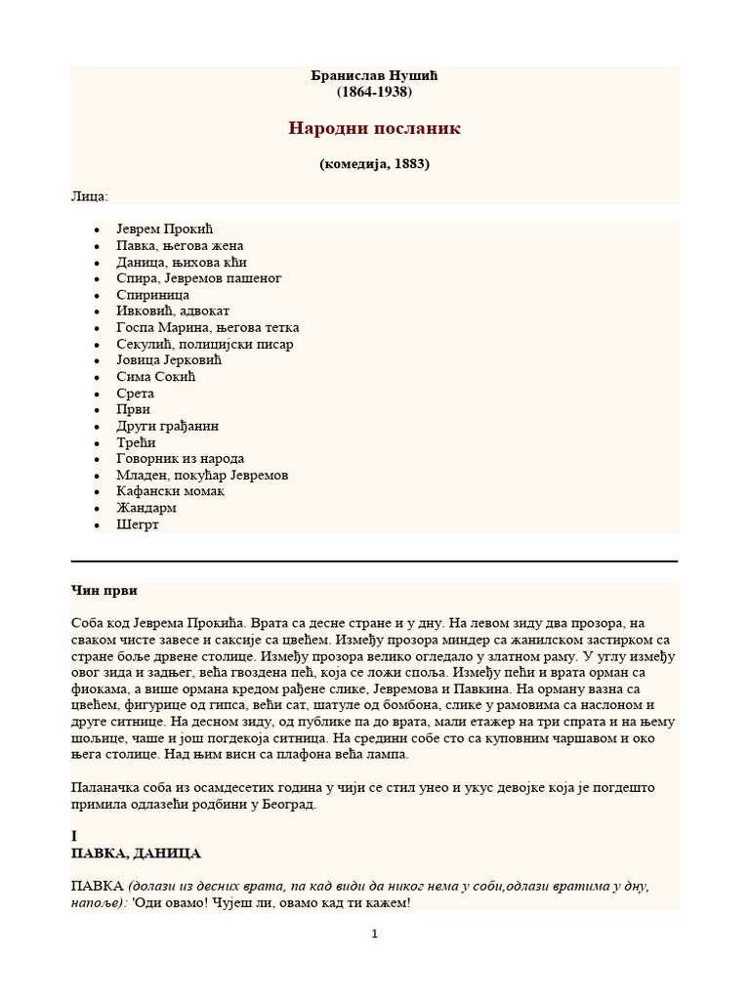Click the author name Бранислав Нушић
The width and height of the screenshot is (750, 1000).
pos(374,75)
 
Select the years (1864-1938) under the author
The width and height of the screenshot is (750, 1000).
pos(374,92)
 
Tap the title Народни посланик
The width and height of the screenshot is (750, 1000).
pos(374,129)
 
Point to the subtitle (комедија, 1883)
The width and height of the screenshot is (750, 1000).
pos(374,164)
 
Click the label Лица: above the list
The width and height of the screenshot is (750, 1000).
pos(90,196)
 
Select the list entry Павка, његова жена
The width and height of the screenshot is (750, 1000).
pos(180,246)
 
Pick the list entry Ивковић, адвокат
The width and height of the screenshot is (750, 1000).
pos(173,312)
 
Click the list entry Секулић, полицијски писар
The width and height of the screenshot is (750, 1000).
pos(204,344)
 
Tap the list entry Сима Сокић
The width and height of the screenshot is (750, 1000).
pos(156,377)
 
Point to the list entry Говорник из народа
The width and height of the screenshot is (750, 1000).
pos(180,459)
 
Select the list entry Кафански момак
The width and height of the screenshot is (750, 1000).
pos(170,491)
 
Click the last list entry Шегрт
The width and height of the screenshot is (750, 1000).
pos(137,524)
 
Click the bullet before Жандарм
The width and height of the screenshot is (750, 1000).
pos(97,509)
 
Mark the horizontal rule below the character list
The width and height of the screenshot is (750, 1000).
pos(374,562)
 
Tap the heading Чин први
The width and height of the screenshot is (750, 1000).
pos(104,591)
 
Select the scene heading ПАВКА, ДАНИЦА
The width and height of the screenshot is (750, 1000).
pos(136,854)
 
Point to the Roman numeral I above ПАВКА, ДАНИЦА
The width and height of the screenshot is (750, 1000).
pos(74,837)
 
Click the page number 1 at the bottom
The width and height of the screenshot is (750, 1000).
pos(374,935)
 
